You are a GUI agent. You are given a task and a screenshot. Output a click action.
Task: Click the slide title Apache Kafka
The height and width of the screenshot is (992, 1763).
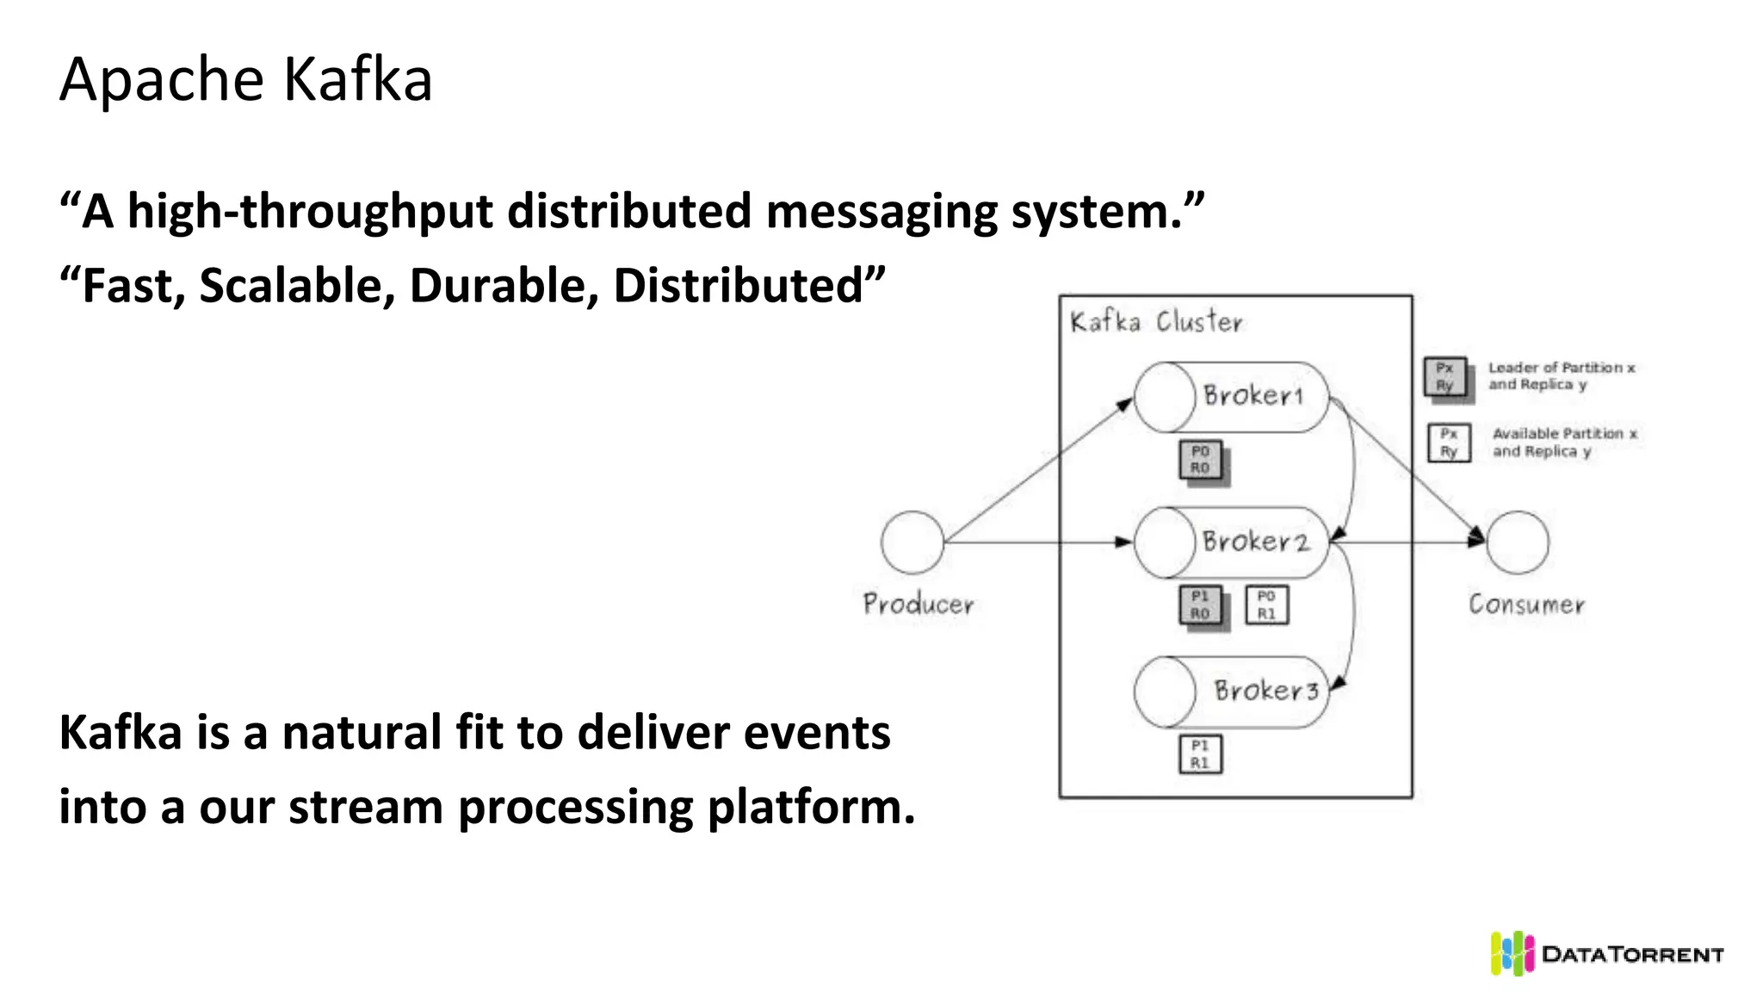(245, 79)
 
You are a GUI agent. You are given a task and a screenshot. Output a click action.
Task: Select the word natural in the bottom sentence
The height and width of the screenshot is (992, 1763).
(362, 734)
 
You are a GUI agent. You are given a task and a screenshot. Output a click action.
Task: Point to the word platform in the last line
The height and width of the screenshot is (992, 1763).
(810, 808)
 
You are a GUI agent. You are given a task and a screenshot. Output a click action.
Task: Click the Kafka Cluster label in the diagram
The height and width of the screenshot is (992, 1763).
(1155, 322)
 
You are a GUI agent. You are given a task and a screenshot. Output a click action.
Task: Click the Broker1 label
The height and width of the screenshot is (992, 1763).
(1253, 396)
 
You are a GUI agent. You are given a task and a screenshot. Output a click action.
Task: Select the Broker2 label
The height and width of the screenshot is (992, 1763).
(1255, 542)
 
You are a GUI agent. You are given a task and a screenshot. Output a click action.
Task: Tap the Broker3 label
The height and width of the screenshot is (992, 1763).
(1265, 691)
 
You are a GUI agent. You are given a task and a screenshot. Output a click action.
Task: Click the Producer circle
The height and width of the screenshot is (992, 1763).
(912, 542)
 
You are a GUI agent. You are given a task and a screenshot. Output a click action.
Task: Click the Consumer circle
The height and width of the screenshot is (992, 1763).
(1518, 542)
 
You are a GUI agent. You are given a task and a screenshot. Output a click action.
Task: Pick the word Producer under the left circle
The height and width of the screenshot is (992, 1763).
(919, 604)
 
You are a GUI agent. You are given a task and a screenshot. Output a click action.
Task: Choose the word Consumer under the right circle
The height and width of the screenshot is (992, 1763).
(1526, 604)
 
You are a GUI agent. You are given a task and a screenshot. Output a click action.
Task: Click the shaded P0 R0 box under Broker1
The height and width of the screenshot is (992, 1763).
(1201, 460)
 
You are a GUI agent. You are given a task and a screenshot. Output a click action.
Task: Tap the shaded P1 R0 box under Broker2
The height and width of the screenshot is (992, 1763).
(1201, 605)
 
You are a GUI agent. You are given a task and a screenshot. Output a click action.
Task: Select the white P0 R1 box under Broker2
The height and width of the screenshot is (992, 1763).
(1266, 605)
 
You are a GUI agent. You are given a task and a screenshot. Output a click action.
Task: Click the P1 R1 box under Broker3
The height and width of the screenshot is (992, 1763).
(1200, 754)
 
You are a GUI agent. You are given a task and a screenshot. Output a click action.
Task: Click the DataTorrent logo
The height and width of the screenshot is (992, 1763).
(1606, 954)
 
